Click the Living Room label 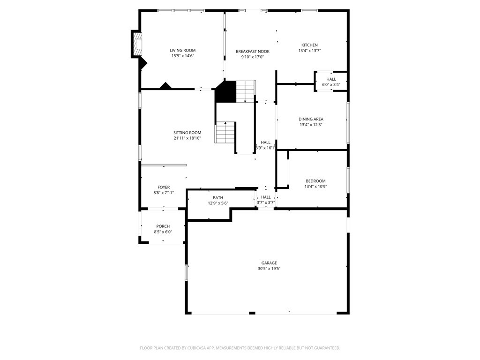(183, 51)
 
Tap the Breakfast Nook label (253, 52)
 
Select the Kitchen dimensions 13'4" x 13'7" (309, 51)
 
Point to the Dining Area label (311, 119)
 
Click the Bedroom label (315, 181)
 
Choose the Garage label (269, 263)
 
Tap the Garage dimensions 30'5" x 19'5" (269, 269)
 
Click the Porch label (163, 226)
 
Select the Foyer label (164, 187)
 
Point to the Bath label (218, 198)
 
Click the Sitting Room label (187, 133)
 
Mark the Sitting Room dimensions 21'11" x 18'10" (187, 138)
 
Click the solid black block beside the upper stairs (225, 91)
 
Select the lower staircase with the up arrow (225, 132)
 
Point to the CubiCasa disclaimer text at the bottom (240, 348)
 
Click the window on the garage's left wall (186, 272)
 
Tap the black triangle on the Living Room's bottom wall (165, 86)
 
